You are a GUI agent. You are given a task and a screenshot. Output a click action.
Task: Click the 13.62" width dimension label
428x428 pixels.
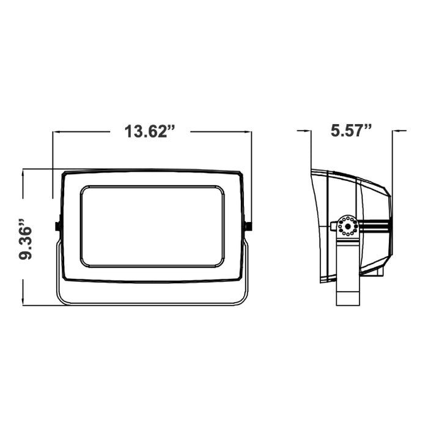point(150,131)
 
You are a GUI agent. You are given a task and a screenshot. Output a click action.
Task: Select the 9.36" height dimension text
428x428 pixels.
point(26,238)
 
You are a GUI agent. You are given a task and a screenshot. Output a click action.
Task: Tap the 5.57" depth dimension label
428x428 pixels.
point(351,130)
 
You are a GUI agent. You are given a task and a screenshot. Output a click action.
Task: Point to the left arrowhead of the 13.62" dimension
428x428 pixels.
point(56,132)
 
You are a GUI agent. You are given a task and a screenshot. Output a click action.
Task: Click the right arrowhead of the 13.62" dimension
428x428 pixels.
point(248,132)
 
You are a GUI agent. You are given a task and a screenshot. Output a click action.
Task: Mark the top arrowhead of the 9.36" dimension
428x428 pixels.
point(24,173)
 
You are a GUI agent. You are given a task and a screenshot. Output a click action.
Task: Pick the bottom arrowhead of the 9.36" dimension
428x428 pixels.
point(24,301)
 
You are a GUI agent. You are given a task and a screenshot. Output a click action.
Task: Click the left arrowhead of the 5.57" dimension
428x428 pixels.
point(308,131)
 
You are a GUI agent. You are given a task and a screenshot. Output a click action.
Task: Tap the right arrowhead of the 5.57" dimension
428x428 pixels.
point(396,131)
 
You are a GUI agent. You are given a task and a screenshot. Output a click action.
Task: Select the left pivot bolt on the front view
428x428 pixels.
point(57,226)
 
